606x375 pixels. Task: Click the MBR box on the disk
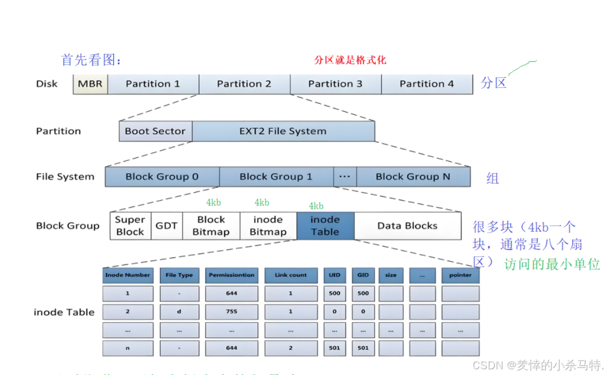pyautogui.click(x=90, y=84)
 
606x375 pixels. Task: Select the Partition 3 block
pyautogui.click(x=335, y=84)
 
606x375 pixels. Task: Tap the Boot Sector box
pyautogui.click(x=155, y=131)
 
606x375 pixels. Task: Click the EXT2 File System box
pyautogui.click(x=283, y=131)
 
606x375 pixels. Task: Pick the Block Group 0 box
pyautogui.click(x=162, y=177)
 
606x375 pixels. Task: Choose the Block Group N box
pyautogui.click(x=412, y=177)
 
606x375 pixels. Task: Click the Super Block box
pyautogui.click(x=130, y=226)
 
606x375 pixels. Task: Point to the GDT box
pyautogui.click(x=167, y=226)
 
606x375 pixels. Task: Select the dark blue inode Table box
pyautogui.click(x=325, y=226)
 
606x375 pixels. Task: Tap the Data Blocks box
pyautogui.click(x=407, y=226)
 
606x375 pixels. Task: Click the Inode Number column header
pyautogui.click(x=128, y=275)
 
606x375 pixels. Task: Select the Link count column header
pyautogui.click(x=290, y=275)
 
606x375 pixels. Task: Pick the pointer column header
pyautogui.click(x=460, y=275)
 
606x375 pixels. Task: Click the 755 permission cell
pyautogui.click(x=231, y=312)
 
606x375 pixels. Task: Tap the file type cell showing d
pyautogui.click(x=179, y=312)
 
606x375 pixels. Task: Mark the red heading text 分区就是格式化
pyautogui.click(x=351, y=60)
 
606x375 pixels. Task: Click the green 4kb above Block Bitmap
pyautogui.click(x=214, y=202)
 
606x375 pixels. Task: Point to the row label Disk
pyautogui.click(x=47, y=84)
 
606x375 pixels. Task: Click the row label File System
pyautogui.click(x=65, y=177)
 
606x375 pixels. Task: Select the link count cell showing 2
pyautogui.click(x=290, y=348)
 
